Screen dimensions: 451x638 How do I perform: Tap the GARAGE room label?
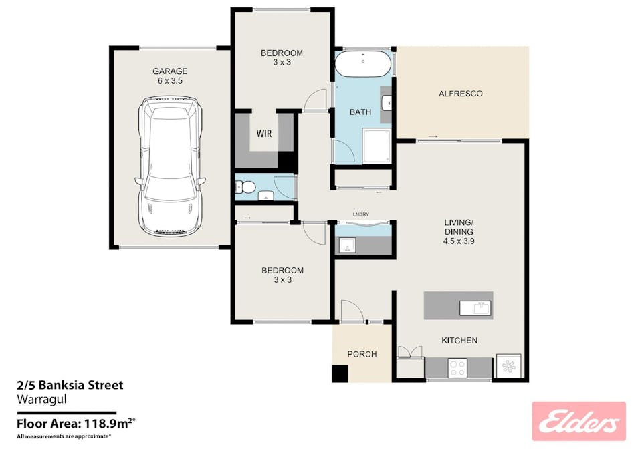coord(170,71)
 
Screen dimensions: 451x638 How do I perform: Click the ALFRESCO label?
coord(460,94)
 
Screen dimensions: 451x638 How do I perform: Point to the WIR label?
coord(263,132)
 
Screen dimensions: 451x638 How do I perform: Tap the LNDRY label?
coord(361,214)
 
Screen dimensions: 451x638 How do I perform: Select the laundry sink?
coord(346,246)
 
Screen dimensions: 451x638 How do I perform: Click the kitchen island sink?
coord(475,308)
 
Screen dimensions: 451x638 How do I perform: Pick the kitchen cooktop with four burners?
coord(458,367)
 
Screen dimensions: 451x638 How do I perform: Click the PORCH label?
coord(362,354)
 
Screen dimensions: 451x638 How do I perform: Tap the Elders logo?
coord(578,421)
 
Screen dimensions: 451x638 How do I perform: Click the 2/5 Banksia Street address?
coord(70,385)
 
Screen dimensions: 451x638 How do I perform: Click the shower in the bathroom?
coord(377,146)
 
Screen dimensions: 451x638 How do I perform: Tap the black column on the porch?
coord(340,374)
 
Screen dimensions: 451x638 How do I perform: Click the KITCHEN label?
coord(459,341)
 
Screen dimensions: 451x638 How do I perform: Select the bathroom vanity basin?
coord(387,103)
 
